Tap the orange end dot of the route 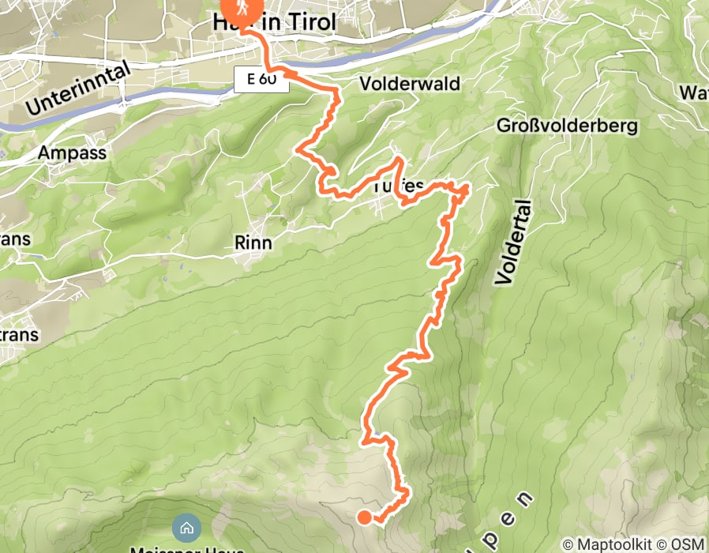pos(365,517)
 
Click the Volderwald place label pos(410,84)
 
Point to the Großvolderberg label pos(567,126)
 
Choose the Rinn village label pos(253,243)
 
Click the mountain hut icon pos(186,527)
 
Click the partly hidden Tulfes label pos(392,187)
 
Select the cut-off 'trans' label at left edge pos(18,335)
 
